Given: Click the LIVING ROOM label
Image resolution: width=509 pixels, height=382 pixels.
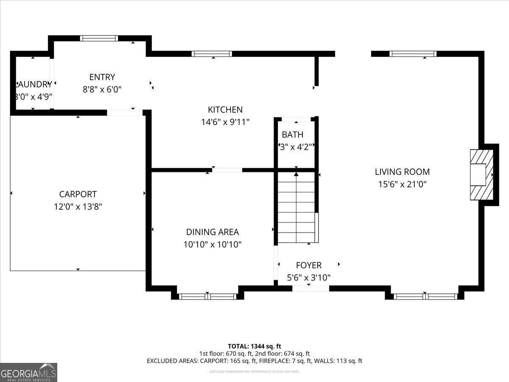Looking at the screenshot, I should tap(402, 172).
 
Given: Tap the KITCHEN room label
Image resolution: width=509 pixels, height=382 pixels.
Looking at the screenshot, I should tap(225, 110).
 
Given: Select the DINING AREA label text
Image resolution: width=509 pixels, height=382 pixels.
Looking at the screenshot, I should tap(212, 232).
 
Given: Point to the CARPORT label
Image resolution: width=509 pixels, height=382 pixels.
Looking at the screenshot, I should tap(78, 194).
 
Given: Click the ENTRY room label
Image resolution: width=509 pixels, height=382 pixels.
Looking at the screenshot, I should tap(102, 77).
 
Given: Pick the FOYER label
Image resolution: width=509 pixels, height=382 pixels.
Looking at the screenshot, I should tap(308, 265).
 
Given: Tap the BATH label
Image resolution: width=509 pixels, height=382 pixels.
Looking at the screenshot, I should tap(293, 135).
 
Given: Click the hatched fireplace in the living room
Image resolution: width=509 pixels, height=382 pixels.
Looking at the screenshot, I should tap(481, 174).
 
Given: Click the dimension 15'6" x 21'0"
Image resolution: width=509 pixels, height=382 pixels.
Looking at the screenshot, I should tap(402, 184).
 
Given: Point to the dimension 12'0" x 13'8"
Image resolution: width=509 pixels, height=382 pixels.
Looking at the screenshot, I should tap(78, 207).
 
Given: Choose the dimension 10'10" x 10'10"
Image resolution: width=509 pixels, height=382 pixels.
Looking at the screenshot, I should tap(212, 244).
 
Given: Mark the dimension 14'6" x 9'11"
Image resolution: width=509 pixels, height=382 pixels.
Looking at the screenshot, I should tap(225, 122).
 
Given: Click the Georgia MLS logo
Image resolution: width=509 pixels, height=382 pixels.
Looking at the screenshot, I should tap(28, 372).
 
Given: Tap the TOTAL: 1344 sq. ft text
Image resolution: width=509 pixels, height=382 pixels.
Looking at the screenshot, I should tap(255, 346).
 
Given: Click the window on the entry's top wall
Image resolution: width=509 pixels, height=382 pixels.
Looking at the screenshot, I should tap(99, 38).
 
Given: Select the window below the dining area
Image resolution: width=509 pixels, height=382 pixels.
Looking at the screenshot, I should tap(207, 296).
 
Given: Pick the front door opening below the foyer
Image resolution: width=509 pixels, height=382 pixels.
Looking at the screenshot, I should tap(310, 289).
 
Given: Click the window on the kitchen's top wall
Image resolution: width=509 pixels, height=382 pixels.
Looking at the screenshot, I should tap(212, 54).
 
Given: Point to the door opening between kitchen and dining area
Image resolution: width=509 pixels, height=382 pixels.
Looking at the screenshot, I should tap(227, 170).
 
